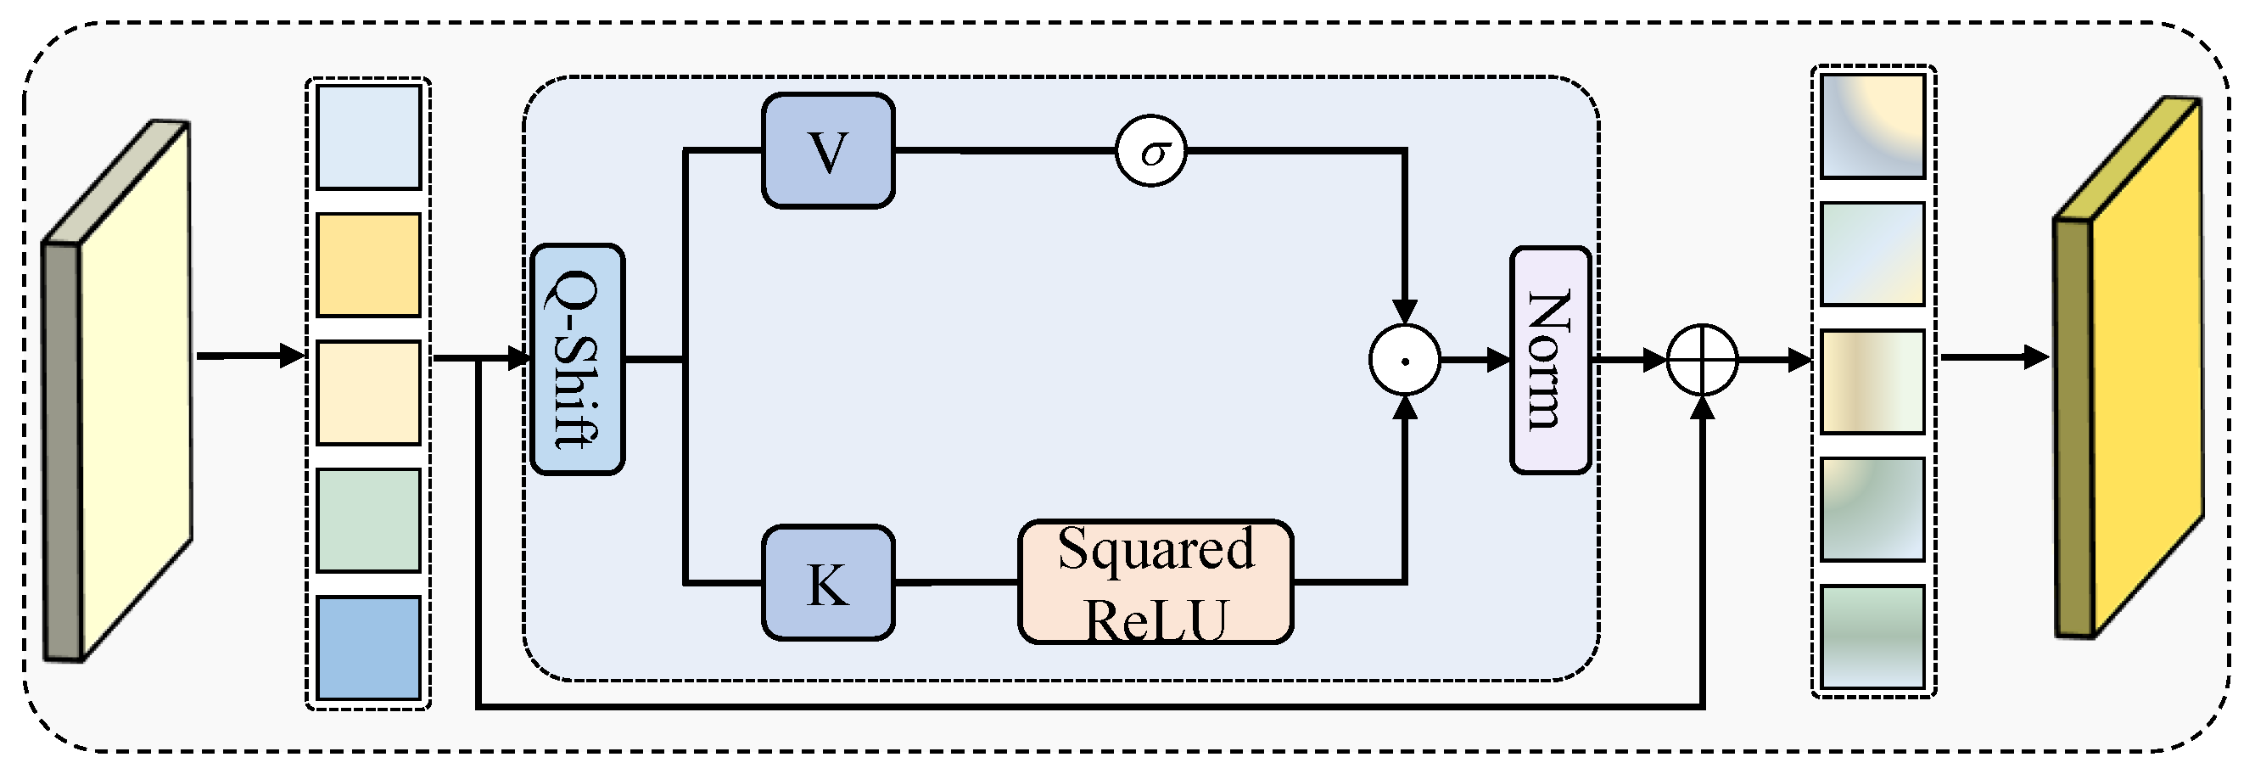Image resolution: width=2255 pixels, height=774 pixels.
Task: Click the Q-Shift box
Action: pos(578,360)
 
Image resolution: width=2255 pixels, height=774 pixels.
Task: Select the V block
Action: pos(827,150)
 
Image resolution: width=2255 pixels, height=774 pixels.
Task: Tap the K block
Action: pos(827,583)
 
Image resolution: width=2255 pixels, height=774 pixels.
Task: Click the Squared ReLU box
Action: pos(1155,583)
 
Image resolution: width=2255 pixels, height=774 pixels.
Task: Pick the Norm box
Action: pos(1549,360)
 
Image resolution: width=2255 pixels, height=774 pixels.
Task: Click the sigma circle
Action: pos(1151,151)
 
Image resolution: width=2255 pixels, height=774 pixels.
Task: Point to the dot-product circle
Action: pos(1404,360)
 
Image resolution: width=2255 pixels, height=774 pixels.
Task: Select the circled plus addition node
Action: pos(1702,360)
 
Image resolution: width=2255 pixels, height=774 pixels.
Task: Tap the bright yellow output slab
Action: pos(2145,367)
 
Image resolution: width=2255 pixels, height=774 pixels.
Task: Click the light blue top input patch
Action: pos(368,137)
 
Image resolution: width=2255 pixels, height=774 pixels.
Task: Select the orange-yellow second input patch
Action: pos(368,265)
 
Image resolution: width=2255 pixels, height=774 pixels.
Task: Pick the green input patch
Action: pos(368,520)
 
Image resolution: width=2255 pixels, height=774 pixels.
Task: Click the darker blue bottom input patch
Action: pos(368,648)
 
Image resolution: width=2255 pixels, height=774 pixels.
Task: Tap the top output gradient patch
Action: pos(1872,126)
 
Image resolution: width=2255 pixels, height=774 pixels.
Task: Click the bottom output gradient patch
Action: pos(1872,637)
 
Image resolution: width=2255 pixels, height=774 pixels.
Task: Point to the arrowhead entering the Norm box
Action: pos(1497,360)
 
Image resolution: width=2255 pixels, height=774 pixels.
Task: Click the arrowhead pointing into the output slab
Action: pos(2036,357)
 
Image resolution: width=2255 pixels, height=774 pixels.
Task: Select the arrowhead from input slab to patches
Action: pos(292,356)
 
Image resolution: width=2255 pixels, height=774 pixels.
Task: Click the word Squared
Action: pos(1155,550)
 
